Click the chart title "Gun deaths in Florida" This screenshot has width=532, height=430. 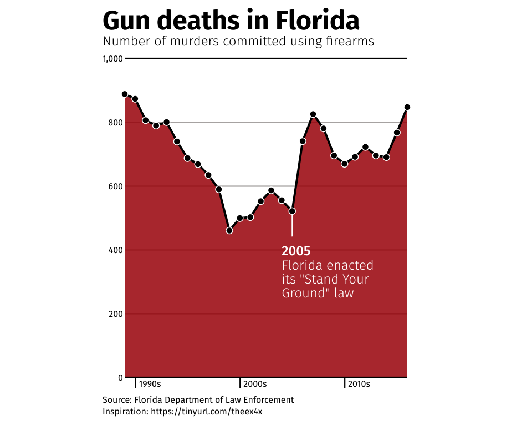(x=231, y=21)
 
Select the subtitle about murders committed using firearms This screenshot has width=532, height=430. (x=238, y=42)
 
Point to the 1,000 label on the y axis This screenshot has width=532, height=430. (x=112, y=59)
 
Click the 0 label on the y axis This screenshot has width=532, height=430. (x=120, y=378)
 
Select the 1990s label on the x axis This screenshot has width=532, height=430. (x=150, y=384)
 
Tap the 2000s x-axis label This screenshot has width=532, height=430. (x=255, y=384)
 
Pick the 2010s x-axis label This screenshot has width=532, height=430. (x=360, y=384)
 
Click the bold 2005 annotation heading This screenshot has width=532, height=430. (x=296, y=251)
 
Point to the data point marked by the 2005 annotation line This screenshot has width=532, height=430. (x=292, y=211)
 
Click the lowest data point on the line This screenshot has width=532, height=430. (x=229, y=230)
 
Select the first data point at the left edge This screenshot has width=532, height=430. (x=125, y=94)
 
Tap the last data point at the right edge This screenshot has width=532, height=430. (x=407, y=107)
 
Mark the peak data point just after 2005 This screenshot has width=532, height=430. (x=313, y=114)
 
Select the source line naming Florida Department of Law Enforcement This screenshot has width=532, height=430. (x=198, y=400)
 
